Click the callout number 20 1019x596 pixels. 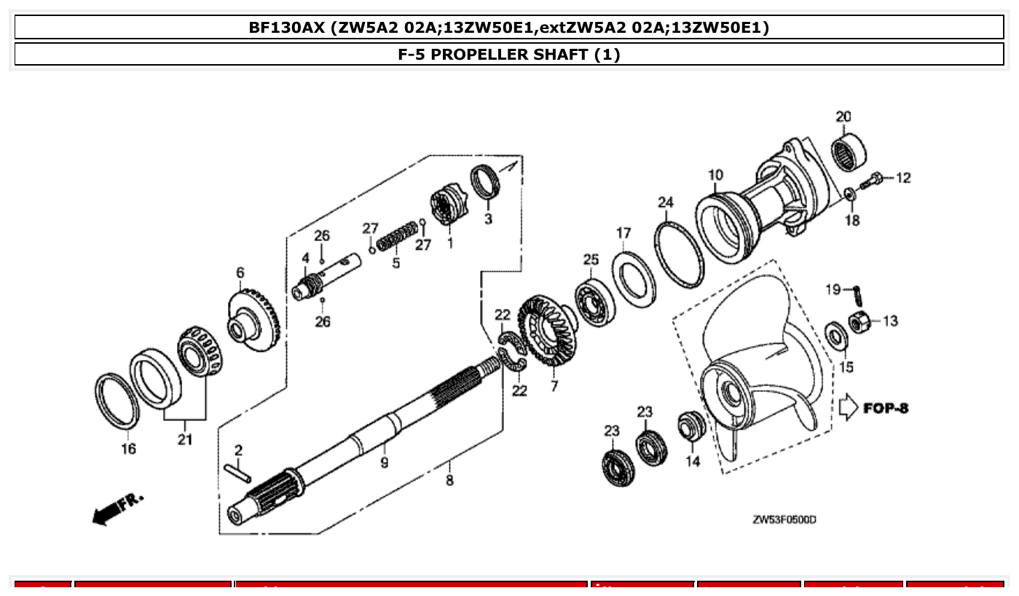tap(843, 117)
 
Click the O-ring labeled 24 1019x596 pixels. tap(679, 256)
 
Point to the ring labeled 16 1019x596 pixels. tap(117, 401)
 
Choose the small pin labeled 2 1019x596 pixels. tap(238, 472)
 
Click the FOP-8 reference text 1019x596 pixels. tap(886, 407)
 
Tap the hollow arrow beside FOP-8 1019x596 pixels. tap(848, 407)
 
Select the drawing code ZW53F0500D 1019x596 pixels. tap(784, 519)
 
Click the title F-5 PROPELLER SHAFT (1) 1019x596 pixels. tap(509, 55)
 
